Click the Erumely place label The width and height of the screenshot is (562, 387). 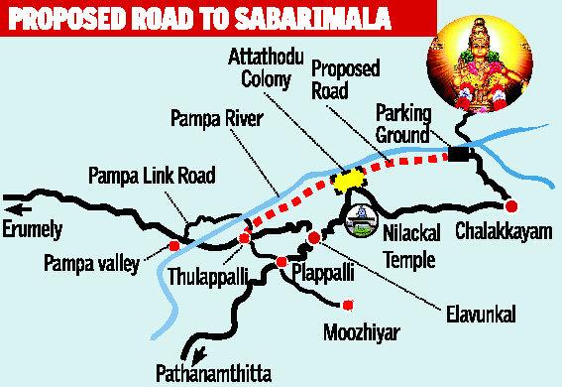(x=33, y=230)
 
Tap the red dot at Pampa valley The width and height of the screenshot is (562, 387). (x=174, y=245)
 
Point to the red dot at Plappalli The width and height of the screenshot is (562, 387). (x=281, y=262)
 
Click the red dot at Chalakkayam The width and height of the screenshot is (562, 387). (x=511, y=206)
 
